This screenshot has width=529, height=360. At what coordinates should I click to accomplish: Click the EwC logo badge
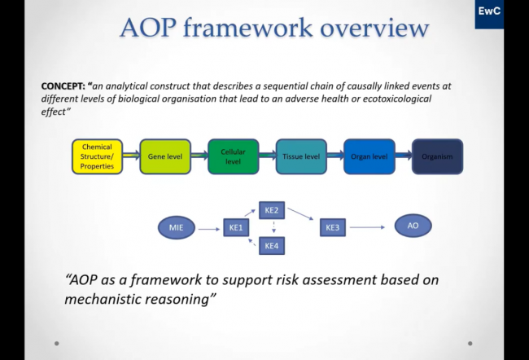(x=489, y=14)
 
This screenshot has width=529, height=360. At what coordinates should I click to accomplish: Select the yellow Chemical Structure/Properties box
(x=97, y=156)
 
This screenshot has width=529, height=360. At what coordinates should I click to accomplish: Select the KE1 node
(x=234, y=228)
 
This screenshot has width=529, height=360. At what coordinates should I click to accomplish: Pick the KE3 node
(x=333, y=228)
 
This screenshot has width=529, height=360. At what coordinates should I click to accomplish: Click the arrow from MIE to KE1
(x=208, y=228)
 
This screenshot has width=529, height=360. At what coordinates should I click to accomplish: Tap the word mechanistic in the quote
(x=105, y=298)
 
